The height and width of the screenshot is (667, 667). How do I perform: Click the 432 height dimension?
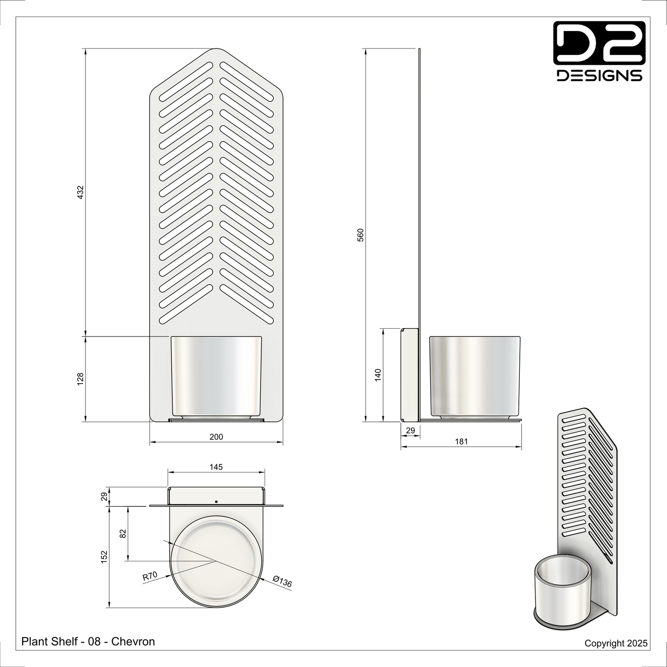pyautogui.click(x=80, y=192)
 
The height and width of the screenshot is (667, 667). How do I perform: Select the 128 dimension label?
pyautogui.click(x=80, y=379)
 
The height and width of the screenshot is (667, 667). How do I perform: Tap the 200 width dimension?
pyautogui.click(x=216, y=437)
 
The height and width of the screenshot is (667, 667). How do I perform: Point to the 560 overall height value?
pyautogui.click(x=361, y=234)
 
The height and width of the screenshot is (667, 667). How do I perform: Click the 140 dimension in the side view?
pyautogui.click(x=378, y=374)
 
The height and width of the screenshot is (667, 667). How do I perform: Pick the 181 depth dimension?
pyautogui.click(x=461, y=442)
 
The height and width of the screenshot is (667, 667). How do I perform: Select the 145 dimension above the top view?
pyautogui.click(x=216, y=467)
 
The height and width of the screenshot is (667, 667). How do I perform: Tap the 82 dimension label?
pyautogui.click(x=123, y=534)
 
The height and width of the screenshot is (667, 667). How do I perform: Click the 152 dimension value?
pyautogui.click(x=104, y=556)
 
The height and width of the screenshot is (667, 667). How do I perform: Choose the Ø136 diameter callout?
pyautogui.click(x=282, y=581)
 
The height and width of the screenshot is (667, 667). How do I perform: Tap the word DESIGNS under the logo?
pyautogui.click(x=599, y=75)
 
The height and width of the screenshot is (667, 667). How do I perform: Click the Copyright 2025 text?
pyautogui.click(x=616, y=643)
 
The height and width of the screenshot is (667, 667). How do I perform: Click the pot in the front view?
pyautogui.click(x=216, y=376)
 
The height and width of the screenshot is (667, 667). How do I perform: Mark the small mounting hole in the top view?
pyautogui.click(x=216, y=501)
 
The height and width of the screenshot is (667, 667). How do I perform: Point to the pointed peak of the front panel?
pyautogui.click(x=216, y=49)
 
